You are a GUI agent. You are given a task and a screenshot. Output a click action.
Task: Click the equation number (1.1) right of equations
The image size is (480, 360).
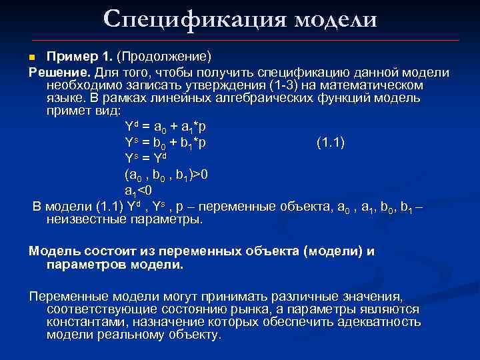tap(331, 141)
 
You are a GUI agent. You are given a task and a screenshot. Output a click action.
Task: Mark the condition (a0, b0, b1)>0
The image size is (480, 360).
tap(166, 175)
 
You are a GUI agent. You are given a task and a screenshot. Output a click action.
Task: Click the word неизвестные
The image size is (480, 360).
tap(90, 219)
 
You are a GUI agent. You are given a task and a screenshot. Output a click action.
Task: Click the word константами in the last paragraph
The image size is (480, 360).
tap(86, 322)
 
